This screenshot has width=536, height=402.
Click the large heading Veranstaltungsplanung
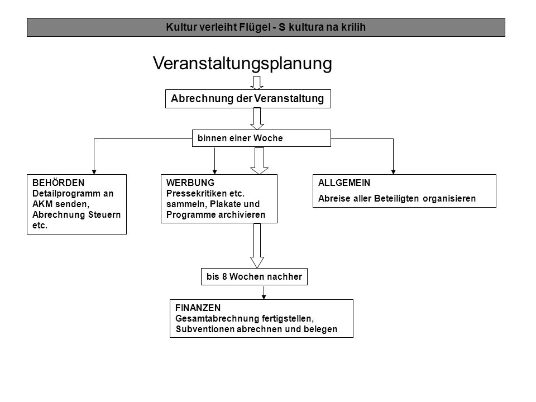pos(242,64)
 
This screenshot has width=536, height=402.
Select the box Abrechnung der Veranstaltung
pos(248,99)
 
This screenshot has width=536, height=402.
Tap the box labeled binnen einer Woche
pos(261,138)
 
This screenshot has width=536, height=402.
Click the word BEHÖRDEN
pos(58,183)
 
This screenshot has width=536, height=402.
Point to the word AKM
pos(42,204)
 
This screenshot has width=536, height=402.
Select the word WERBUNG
pos(190,183)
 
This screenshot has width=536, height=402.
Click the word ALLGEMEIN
pos(344,183)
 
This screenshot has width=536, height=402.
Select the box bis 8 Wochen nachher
pos(254,276)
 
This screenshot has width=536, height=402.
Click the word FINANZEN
pos(198,308)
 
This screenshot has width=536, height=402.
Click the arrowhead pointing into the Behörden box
pos(94,172)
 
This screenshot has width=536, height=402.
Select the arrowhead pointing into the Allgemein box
pos(393,172)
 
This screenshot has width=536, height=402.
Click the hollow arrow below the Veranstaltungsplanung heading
pos(257,83)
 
